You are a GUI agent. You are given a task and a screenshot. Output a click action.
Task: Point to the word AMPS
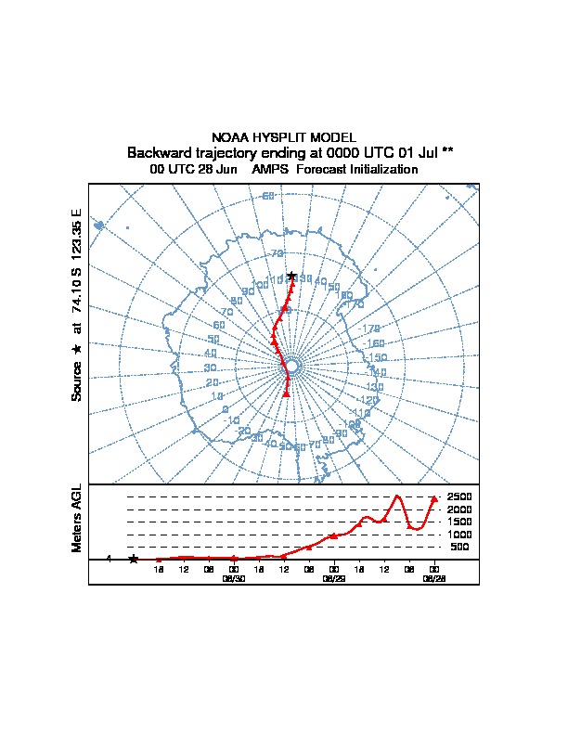point(269,170)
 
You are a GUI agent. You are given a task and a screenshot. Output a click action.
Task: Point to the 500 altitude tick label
point(460,548)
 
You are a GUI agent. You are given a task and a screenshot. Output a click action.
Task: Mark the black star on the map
point(291,276)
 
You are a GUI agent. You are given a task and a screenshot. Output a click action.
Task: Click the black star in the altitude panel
point(133,559)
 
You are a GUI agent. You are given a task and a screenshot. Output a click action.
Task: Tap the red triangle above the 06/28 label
point(433,500)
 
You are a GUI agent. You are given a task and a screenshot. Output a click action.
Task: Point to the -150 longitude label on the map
point(375,357)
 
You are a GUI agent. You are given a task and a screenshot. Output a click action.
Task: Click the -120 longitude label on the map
point(368,400)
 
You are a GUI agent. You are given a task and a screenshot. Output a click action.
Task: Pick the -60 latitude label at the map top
point(266,196)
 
